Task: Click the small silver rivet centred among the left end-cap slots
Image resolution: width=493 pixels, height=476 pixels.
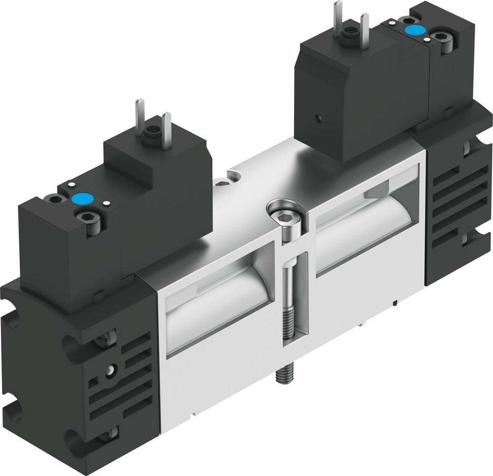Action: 114,369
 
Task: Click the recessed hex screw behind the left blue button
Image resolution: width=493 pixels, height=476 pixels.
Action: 55,199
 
